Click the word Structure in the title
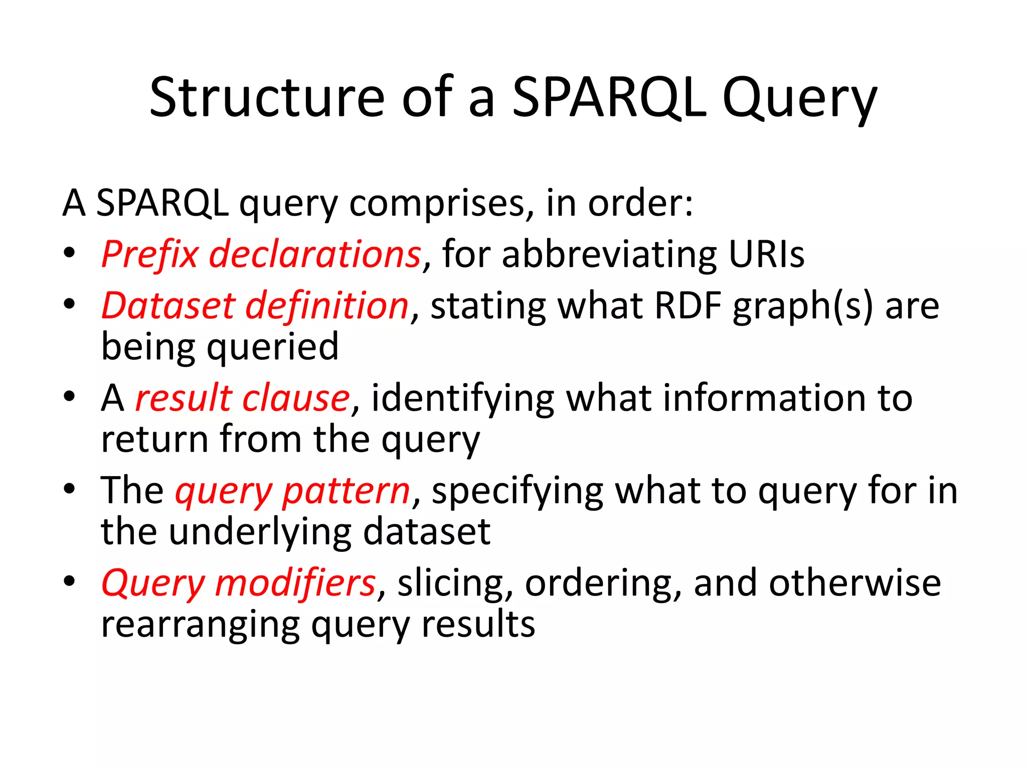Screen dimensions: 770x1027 [x=266, y=98]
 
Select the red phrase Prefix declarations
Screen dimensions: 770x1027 [x=261, y=255]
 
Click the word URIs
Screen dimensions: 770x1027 [x=766, y=255]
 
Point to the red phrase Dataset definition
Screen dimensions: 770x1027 [x=255, y=306]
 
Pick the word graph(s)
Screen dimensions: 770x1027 [x=803, y=307]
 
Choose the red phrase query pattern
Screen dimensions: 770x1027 [x=293, y=491]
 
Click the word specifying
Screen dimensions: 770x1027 [x=518, y=491]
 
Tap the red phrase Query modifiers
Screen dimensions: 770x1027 [x=239, y=584]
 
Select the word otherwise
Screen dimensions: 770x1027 [x=854, y=583]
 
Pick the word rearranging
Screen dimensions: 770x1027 [x=200, y=626]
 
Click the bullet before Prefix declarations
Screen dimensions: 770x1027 [x=69, y=253]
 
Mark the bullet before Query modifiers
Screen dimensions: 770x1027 [x=69, y=581]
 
